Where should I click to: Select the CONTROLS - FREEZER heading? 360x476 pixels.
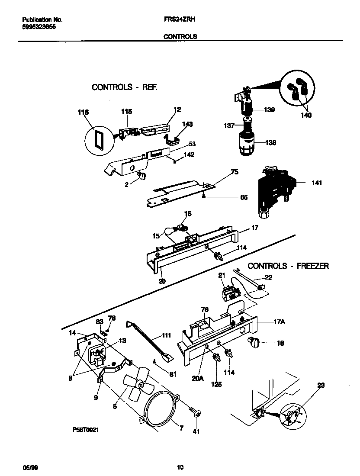tap(288, 266)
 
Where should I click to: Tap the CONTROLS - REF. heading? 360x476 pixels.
tap(124, 87)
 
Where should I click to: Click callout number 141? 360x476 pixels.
tap(317, 183)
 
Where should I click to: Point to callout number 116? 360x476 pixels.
tap(83, 112)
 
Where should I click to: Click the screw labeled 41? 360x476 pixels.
tap(195, 414)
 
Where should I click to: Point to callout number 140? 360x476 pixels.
tap(306, 116)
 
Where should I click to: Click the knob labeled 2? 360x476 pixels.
tap(142, 175)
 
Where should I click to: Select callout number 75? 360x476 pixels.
tap(235, 172)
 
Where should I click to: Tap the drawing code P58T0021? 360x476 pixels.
tap(88, 431)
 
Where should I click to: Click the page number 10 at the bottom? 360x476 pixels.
tap(180, 467)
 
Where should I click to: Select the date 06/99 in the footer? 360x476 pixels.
tap(29, 467)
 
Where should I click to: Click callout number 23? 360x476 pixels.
tap(321, 385)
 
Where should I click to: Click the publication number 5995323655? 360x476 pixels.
tap(39, 26)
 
